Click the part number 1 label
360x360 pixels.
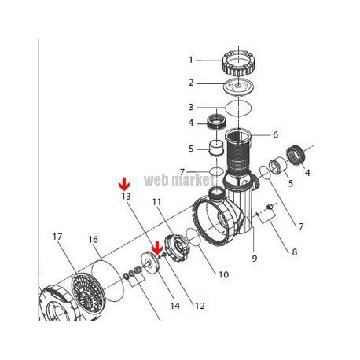[191, 60]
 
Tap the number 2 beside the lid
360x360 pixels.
[191, 83]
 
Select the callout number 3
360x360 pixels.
[191, 107]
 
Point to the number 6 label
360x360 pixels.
[275, 134]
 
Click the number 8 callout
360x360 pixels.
[295, 252]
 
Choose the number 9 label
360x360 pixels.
[255, 259]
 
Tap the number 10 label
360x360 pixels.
[223, 274]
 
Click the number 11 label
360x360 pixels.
[156, 202]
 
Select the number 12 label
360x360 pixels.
[200, 306]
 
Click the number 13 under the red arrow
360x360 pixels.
[126, 197]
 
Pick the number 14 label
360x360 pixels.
[175, 306]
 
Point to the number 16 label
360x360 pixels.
[94, 240]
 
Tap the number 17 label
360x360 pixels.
[57, 237]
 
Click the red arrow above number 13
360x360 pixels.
[124, 184]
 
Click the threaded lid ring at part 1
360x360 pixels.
[239, 63]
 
